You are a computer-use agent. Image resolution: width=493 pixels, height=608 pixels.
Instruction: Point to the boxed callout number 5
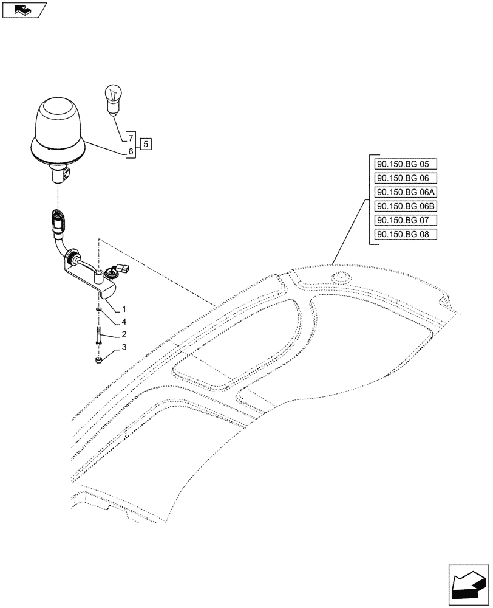(x=146, y=144)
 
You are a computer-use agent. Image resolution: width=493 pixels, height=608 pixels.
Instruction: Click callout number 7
(x=130, y=137)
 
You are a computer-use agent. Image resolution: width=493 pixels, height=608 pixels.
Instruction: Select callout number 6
(x=130, y=151)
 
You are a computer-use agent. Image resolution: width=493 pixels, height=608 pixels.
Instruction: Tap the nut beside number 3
(x=98, y=361)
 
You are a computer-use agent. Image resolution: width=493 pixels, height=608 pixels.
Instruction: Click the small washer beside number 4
(x=98, y=310)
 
